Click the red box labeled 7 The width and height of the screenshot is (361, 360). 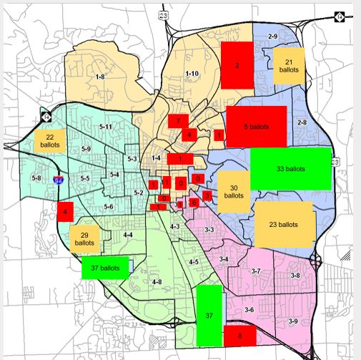(178, 122)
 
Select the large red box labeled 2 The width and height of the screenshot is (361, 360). (237, 65)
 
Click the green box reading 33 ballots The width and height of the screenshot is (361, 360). (291, 169)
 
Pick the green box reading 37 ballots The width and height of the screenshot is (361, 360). (106, 268)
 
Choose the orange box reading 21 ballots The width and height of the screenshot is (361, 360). (289, 65)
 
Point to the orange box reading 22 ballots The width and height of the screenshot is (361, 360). (50, 141)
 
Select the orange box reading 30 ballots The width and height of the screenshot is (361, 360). (234, 191)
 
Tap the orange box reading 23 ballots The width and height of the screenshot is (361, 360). (283, 225)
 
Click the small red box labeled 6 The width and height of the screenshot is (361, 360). (193, 203)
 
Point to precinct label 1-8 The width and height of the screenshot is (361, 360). (100, 76)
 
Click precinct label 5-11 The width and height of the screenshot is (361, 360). (105, 127)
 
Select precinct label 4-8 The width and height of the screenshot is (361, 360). (158, 281)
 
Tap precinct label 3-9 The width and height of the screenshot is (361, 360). (293, 321)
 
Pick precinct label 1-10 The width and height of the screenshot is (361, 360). (192, 73)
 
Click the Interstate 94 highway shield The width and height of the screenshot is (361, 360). (58, 181)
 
